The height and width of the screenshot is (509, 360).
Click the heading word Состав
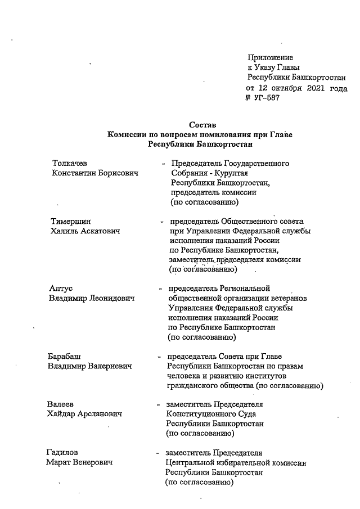(x=201, y=124)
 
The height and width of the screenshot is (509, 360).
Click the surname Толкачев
(x=69, y=163)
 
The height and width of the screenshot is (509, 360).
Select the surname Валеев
(x=60, y=404)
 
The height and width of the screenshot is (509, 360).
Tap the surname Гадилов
(x=62, y=453)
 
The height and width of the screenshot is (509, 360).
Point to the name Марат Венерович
(x=79, y=463)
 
